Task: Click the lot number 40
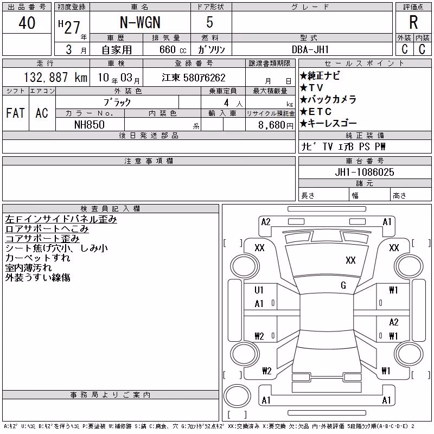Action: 27,23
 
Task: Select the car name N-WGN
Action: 140,22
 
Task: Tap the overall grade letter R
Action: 413,22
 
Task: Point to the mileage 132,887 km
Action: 55,77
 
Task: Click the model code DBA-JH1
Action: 310,49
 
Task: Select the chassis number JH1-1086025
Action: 364,172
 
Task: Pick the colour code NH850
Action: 90,125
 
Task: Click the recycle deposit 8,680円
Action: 276,125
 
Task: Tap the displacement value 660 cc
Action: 173,49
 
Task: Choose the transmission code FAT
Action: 15,113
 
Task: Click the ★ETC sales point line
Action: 316,112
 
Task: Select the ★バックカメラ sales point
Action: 328,99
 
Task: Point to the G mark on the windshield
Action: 343,285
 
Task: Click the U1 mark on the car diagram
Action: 259,290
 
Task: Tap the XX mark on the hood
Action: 350,260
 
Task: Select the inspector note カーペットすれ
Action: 38,258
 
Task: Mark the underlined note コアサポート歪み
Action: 42,239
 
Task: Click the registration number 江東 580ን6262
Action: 194,78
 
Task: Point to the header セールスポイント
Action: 365,63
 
